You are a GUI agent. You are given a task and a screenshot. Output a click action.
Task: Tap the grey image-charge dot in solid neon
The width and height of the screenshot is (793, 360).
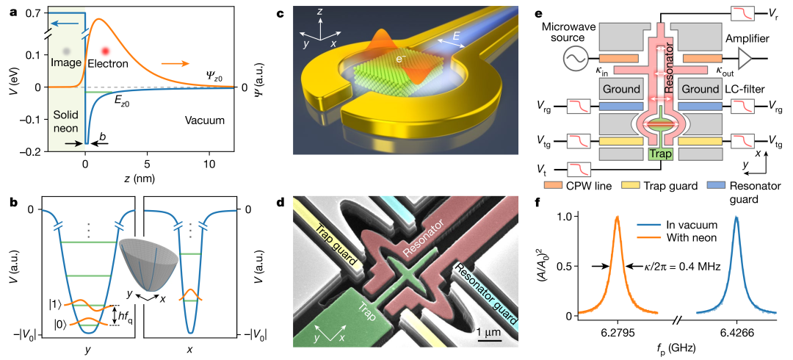coord(67,51)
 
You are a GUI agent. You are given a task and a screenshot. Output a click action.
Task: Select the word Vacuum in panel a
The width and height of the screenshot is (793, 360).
coord(204,120)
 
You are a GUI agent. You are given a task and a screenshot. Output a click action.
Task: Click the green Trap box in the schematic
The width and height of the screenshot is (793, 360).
coord(660,154)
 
